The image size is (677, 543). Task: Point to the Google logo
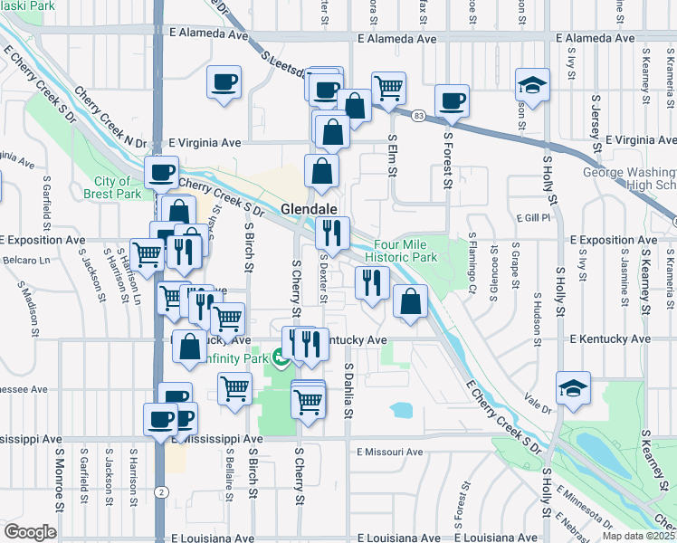[x=30, y=532]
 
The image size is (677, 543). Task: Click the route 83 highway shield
[x=418, y=116]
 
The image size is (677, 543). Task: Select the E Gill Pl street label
[x=534, y=218]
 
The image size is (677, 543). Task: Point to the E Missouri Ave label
[x=390, y=452]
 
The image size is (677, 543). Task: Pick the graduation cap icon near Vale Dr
[x=573, y=389]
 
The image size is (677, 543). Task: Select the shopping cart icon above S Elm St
[x=388, y=89]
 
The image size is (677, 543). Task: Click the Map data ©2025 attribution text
[x=639, y=535]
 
